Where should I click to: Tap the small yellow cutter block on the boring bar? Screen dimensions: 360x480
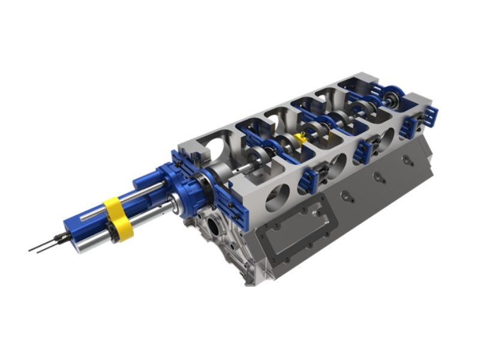point(300,139)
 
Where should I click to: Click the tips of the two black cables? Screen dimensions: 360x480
point(32,249)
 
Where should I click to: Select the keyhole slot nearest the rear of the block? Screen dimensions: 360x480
point(407,160)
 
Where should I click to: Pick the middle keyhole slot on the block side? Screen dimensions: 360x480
point(378,177)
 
